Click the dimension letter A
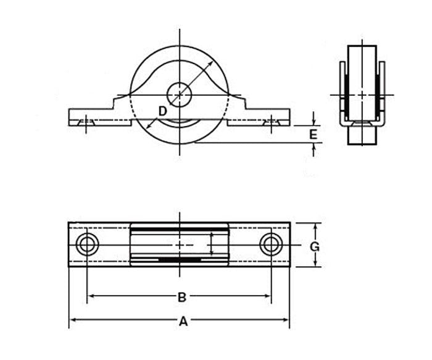click(x=183, y=321)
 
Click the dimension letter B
click(x=182, y=298)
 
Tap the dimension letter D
click(x=163, y=112)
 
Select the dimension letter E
click(x=314, y=135)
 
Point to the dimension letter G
click(x=315, y=247)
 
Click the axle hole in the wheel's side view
click(x=179, y=94)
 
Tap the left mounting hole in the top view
click(x=87, y=245)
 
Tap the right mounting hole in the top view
click(x=271, y=245)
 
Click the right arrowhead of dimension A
click(x=285, y=320)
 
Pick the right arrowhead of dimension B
click(x=267, y=296)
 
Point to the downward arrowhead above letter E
click(x=314, y=122)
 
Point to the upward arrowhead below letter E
click(x=314, y=147)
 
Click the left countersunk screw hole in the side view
click(x=86, y=123)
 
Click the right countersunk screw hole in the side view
click(x=272, y=123)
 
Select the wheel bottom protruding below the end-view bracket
click(x=362, y=135)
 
